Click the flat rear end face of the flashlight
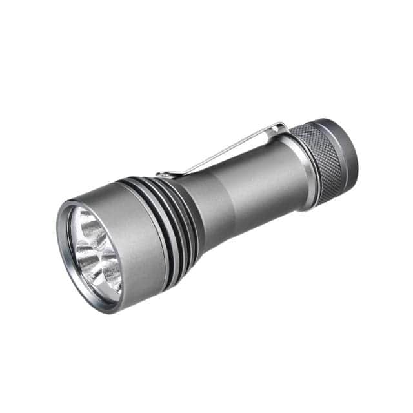355,152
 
